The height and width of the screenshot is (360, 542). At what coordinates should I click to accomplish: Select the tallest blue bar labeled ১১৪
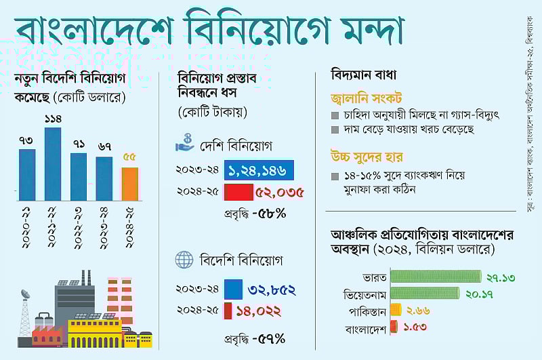pos(52,163)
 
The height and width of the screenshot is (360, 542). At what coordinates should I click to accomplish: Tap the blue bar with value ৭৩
pos(26,174)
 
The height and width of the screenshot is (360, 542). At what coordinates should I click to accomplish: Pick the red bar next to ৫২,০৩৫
pos(238,192)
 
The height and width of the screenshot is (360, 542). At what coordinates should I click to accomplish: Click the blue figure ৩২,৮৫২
pos(271,289)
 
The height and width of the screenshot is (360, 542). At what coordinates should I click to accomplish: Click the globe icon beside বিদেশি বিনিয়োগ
pos(183,260)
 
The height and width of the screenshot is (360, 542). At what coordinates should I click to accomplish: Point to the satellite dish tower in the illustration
pos(25,315)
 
